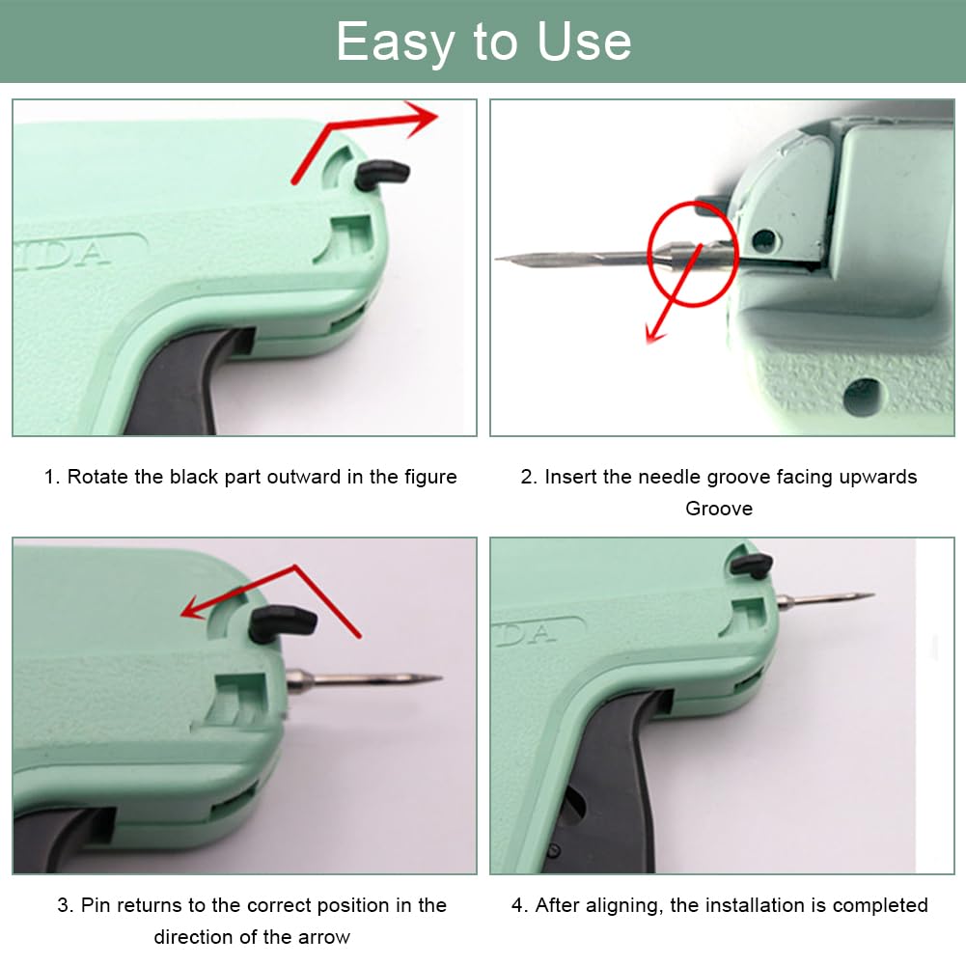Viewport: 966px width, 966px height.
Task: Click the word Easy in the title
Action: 395,41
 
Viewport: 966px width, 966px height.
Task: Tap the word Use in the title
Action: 584,41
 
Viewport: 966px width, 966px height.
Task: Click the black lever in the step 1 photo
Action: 381,175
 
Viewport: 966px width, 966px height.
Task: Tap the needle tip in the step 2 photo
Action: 498,258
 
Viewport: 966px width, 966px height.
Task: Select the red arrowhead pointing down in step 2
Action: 654,333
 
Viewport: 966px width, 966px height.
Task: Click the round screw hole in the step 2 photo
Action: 862,396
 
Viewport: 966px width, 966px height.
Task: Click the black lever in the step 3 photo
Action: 282,623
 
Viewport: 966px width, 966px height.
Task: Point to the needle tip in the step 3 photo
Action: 439,679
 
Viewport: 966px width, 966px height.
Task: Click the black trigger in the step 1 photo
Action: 185,382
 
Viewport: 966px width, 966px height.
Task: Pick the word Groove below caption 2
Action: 719,509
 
